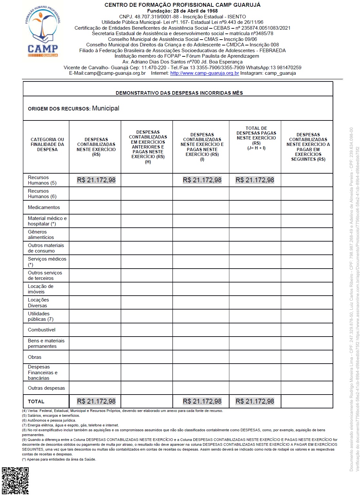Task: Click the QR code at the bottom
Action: pos(15,481)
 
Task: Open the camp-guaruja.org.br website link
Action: pos(204,73)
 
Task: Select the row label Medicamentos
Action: pos(44,207)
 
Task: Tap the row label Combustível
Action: pos(42,330)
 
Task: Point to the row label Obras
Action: pos(34,357)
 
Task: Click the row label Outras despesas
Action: pos(46,388)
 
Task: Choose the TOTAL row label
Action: pos(36,402)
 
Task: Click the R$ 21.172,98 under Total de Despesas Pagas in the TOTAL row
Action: pos(255,401)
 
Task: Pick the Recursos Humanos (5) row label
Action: pos(42,180)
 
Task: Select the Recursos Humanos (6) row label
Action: pos(42,194)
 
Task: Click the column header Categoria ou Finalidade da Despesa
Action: pos(47,145)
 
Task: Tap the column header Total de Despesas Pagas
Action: pos(256,138)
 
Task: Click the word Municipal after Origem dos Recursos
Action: pos(105,109)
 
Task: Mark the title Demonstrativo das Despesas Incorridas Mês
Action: pos(179,93)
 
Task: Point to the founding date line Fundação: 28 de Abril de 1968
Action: pos(182,11)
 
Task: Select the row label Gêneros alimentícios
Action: pos(41,234)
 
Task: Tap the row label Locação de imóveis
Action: pos(40,289)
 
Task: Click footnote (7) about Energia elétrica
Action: pos(70,425)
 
